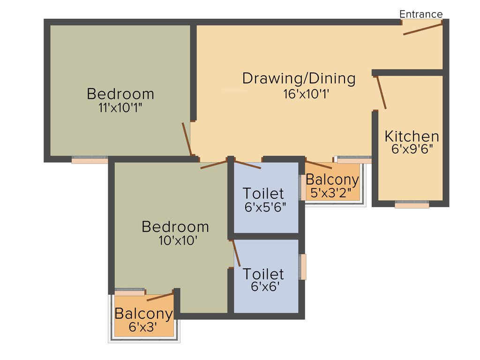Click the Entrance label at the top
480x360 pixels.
(420, 15)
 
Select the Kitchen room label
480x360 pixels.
(412, 136)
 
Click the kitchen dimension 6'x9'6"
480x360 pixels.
(412, 149)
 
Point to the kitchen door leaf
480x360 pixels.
(382, 92)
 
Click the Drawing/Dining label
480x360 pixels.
(299, 78)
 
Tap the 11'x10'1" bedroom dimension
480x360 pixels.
(120, 107)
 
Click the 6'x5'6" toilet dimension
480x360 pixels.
(265, 206)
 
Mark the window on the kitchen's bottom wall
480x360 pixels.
(412, 205)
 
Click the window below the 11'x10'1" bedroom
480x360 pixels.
(90, 160)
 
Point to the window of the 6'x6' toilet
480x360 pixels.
(303, 267)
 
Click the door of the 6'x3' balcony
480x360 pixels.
(160, 296)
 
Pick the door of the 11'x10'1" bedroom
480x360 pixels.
(187, 139)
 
